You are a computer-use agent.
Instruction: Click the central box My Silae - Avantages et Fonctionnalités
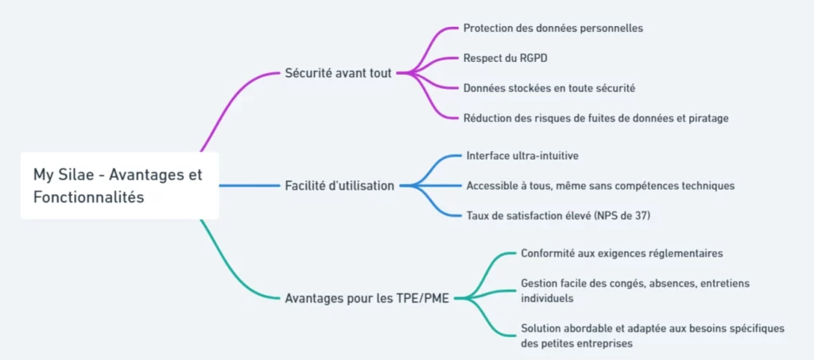pos(119,186)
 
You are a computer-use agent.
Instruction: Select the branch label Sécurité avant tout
pos(339,72)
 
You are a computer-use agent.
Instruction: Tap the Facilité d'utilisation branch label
pos(339,185)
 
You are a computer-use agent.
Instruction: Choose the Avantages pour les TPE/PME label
pos(367,299)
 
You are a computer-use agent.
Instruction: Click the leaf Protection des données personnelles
pos(553,28)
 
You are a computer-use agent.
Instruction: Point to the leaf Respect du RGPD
pos(505,58)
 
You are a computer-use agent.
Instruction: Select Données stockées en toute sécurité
pos(549,88)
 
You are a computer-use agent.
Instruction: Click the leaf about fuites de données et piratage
pos(596,118)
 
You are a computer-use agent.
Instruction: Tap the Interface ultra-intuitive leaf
pos(522,155)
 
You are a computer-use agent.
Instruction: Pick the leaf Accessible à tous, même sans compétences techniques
pos(601,185)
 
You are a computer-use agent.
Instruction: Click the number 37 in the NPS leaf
pos(641,215)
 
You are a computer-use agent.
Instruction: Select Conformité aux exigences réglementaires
pos(622,254)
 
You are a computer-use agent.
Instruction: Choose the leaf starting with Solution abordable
pos(652,335)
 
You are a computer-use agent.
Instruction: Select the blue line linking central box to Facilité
pos(249,185)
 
